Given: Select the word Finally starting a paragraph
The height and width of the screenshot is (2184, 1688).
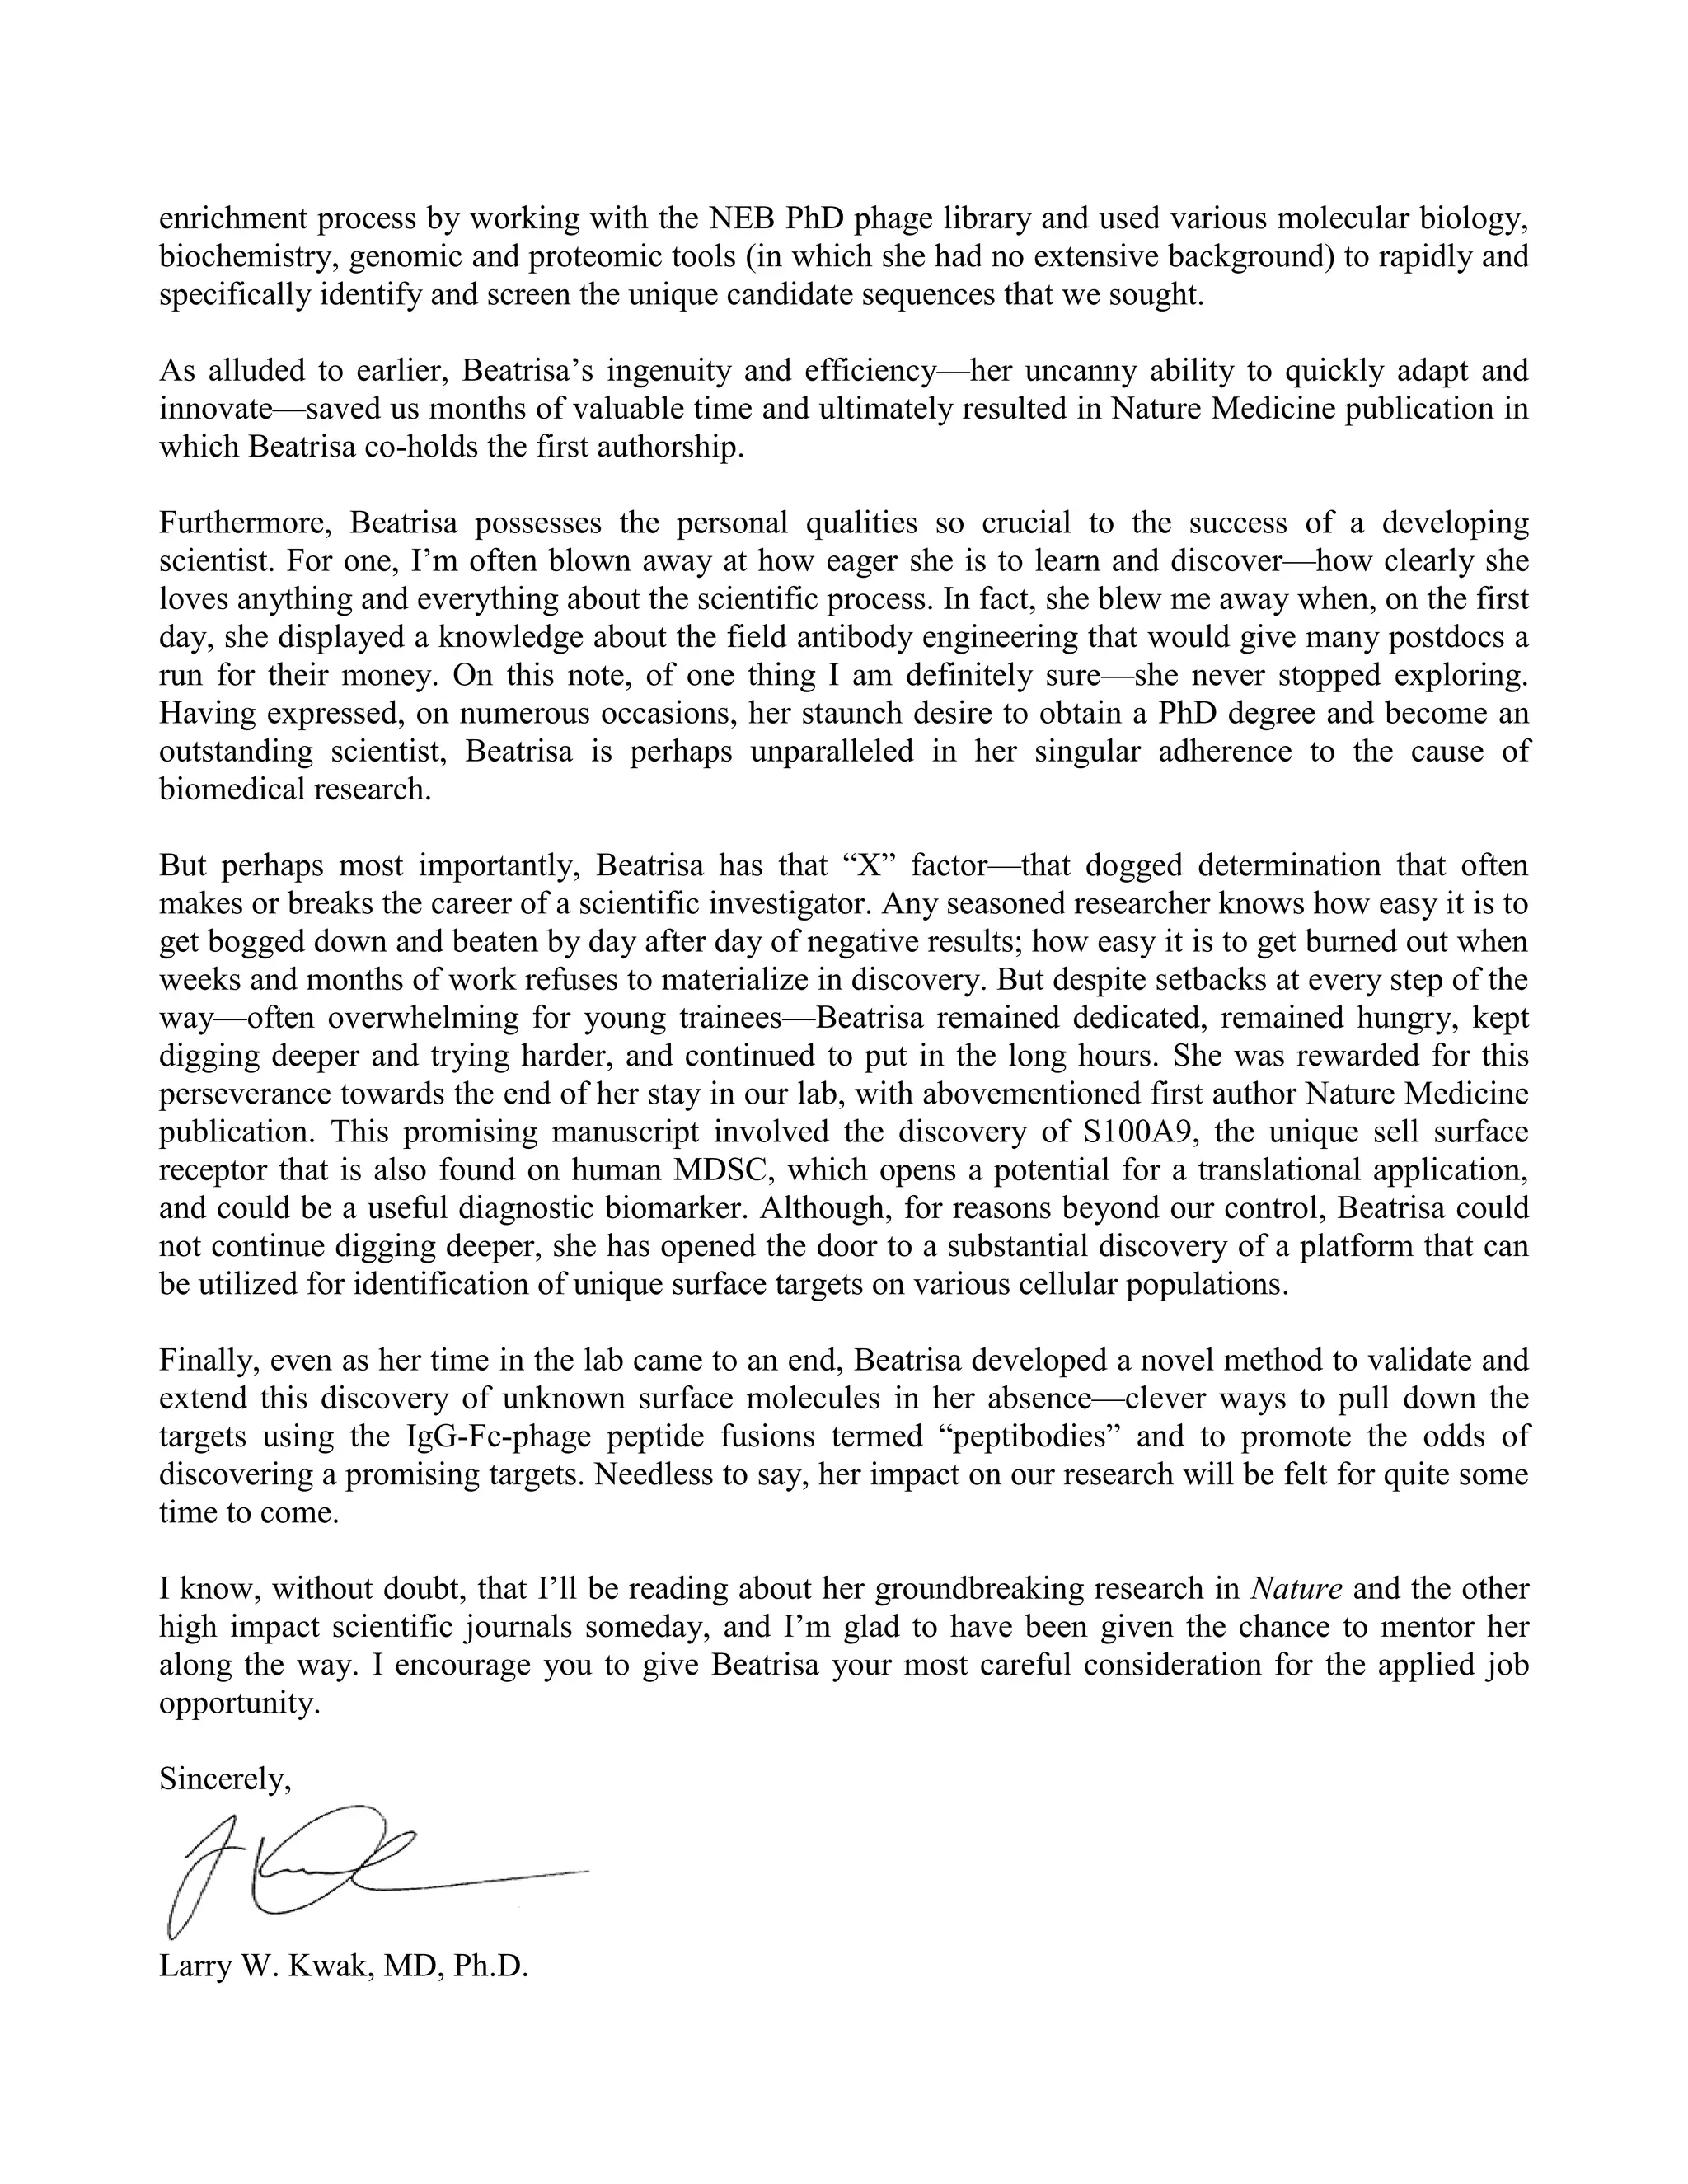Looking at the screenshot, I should click(208, 1361).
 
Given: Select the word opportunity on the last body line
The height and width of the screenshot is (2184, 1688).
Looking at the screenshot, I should click(240, 1703).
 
